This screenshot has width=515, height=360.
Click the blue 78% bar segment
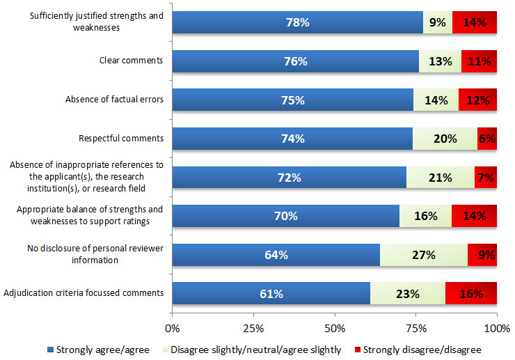click(x=297, y=22)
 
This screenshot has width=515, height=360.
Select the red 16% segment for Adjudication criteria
click(x=471, y=294)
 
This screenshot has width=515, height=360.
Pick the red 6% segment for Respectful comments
click(x=487, y=139)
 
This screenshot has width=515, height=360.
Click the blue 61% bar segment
click(x=271, y=294)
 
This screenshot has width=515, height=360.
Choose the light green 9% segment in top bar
click(x=438, y=22)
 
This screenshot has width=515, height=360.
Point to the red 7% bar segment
click(x=486, y=178)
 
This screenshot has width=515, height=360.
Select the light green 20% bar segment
click(x=445, y=139)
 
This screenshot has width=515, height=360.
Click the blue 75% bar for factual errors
click(x=292, y=100)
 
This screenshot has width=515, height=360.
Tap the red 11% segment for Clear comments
click(x=479, y=61)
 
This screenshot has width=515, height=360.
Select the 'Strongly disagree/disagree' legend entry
click(x=419, y=350)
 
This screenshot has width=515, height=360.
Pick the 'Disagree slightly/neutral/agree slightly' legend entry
click(x=251, y=350)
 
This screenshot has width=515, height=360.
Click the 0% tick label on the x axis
click(x=173, y=327)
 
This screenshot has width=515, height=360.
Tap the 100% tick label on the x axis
click(x=496, y=327)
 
